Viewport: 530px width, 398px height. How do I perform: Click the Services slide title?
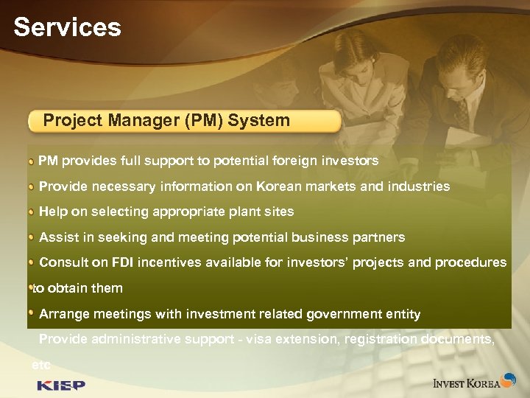[x=67, y=27]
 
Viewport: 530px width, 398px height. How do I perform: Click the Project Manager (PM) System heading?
[x=166, y=120]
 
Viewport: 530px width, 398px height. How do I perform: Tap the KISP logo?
[x=61, y=385]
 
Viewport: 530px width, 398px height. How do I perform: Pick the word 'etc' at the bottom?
[x=41, y=364]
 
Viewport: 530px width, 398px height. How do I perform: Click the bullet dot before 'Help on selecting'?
[x=32, y=212]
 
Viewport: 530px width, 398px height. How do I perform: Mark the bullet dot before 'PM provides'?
[x=32, y=161]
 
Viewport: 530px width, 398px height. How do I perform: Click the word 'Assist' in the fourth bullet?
[x=57, y=237]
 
